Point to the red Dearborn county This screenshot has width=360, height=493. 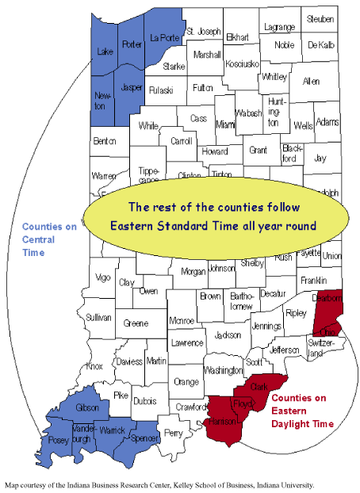coord(327,308)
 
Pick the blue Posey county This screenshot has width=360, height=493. coord(58,438)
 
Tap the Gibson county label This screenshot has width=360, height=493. coord(87,406)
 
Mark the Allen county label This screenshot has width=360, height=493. coord(312,81)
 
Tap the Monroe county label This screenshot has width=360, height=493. coord(182,321)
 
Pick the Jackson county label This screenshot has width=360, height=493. coord(228,335)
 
